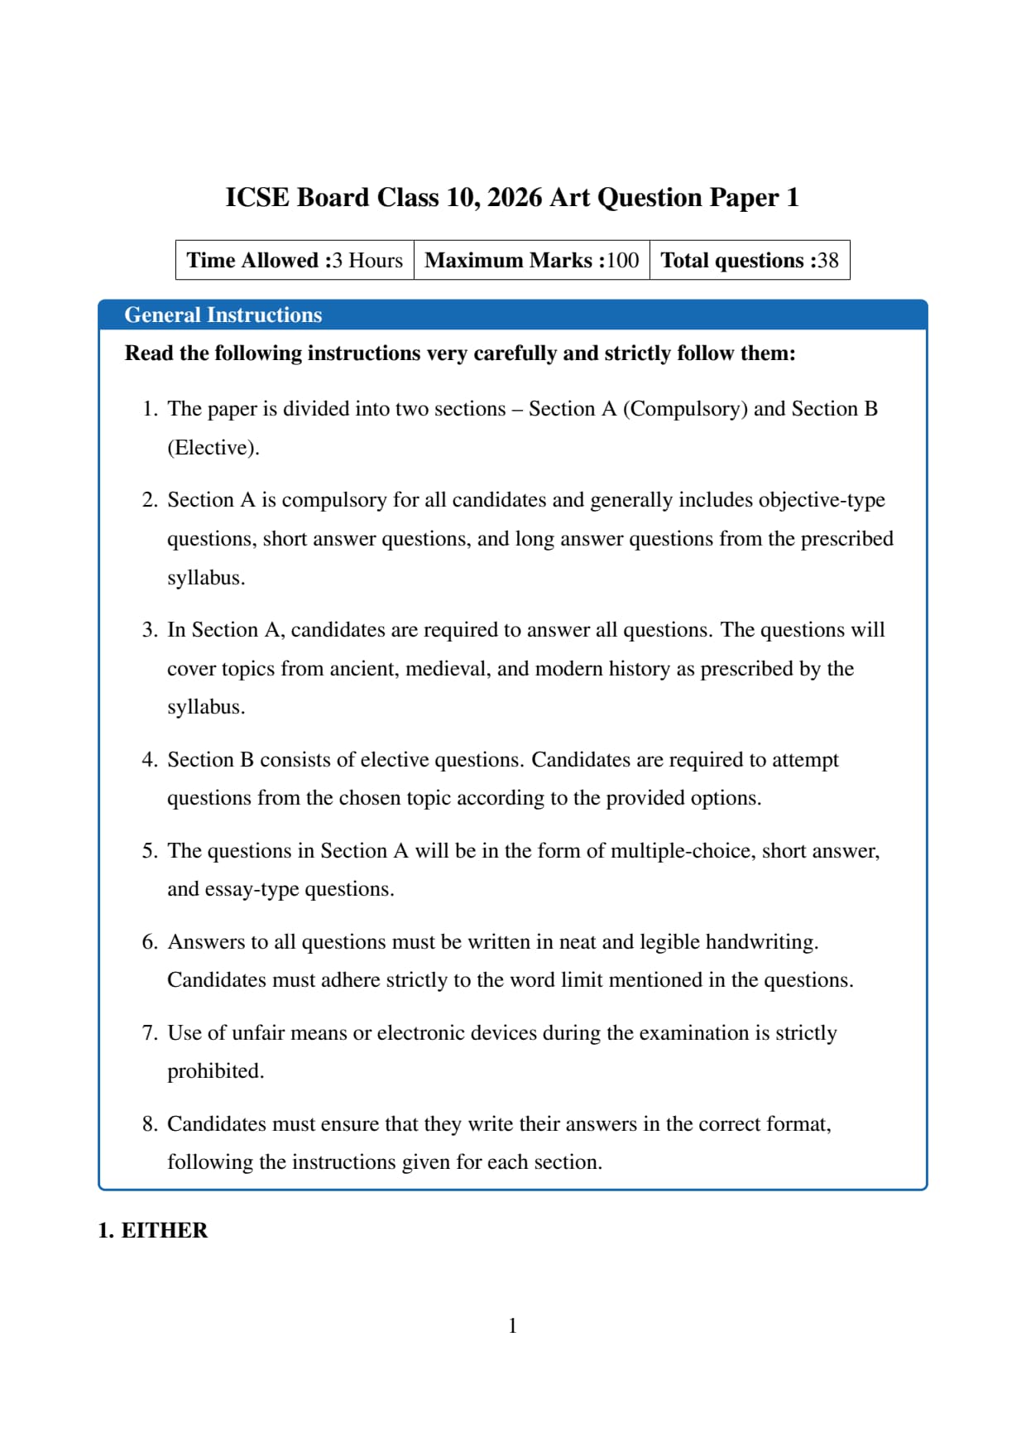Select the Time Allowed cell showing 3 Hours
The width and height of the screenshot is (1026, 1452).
point(295,261)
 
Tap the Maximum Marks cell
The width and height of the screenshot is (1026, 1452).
point(532,261)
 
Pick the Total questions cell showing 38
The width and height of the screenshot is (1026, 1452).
point(750,261)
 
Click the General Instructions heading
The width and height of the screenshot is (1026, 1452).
point(223,315)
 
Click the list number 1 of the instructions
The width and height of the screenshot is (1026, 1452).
point(149,409)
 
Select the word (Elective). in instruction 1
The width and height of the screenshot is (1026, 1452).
point(213,448)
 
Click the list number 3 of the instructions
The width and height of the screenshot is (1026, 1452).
point(149,630)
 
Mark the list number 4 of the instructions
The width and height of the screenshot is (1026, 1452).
point(149,760)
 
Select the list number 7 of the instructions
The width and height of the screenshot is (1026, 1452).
point(149,1033)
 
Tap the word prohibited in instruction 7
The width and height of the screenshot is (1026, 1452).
point(215,1071)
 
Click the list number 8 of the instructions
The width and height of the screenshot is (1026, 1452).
point(149,1124)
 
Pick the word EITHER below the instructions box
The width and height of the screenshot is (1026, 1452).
point(165,1231)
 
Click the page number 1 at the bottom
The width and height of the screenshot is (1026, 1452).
point(513,1326)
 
